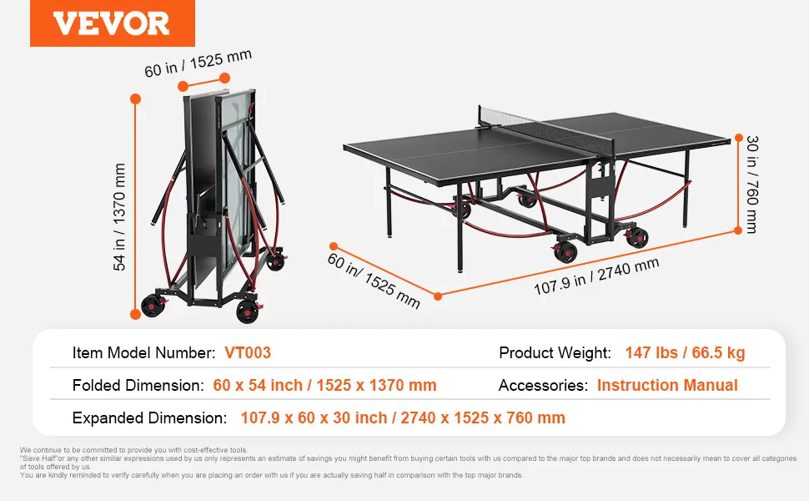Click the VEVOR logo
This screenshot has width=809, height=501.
112,23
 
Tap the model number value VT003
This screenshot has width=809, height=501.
248,352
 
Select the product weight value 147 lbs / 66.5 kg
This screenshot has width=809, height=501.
686,352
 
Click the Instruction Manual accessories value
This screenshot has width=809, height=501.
667,385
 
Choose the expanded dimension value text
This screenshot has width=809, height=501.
403,417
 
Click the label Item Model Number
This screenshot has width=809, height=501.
144,352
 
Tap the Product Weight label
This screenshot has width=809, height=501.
555,352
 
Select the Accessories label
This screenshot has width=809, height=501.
543,385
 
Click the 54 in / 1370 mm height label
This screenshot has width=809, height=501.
119,217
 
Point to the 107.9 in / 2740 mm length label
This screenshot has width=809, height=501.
596,276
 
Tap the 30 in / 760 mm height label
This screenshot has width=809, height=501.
752,185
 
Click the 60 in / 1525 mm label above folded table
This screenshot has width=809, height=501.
198,63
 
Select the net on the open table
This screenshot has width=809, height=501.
547,129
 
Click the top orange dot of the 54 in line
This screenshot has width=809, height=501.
136,99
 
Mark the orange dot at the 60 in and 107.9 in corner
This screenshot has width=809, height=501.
438,296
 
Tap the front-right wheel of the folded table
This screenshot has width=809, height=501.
247,311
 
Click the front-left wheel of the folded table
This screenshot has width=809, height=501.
153,306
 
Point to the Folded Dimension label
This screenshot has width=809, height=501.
138,385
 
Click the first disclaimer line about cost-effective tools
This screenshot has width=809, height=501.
134,450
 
